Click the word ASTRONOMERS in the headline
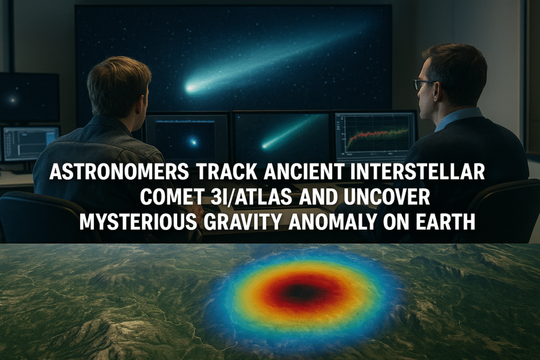(119, 171)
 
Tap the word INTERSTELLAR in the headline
(418, 171)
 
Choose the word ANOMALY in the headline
(332, 222)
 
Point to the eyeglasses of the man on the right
(423, 84)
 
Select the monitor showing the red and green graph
(375, 135)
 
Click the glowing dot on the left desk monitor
(193, 141)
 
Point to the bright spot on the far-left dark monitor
(13, 101)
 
